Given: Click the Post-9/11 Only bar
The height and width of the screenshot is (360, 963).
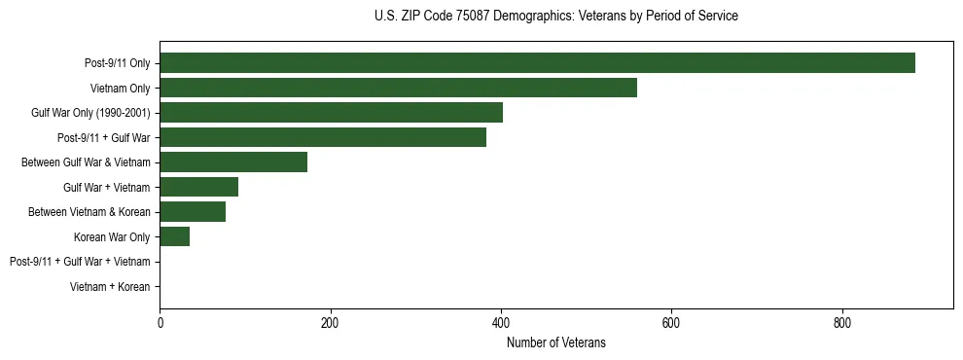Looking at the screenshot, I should tap(537, 63).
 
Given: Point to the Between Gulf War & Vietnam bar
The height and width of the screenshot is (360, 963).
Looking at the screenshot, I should tap(233, 162).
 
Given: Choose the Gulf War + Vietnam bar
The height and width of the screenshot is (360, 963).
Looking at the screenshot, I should tap(198, 187).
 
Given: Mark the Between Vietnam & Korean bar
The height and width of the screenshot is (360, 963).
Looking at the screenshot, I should tap(193, 212).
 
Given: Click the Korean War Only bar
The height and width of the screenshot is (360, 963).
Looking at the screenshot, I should tap(174, 236).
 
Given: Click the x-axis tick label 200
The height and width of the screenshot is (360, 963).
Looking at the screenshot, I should tap(330, 322).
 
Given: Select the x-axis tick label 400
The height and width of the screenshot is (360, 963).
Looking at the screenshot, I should tap(501, 322).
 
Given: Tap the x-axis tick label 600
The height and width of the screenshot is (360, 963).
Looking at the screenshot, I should tap(671, 322).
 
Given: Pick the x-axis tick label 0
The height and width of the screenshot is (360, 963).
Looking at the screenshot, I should tap(160, 322).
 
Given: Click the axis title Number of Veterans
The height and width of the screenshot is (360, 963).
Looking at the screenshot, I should tap(555, 342).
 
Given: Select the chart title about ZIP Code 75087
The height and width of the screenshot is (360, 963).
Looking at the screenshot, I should tap(555, 17).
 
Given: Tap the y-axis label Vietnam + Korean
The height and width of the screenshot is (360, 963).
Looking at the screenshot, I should tap(110, 287).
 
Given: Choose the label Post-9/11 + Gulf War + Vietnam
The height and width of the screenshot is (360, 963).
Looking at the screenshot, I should tap(80, 262).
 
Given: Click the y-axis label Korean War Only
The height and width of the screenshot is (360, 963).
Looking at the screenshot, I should tap(112, 237).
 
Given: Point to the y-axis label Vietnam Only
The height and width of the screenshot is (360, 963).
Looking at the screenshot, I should tap(120, 89).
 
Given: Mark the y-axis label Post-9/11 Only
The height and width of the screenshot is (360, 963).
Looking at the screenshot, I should tap(117, 64).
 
